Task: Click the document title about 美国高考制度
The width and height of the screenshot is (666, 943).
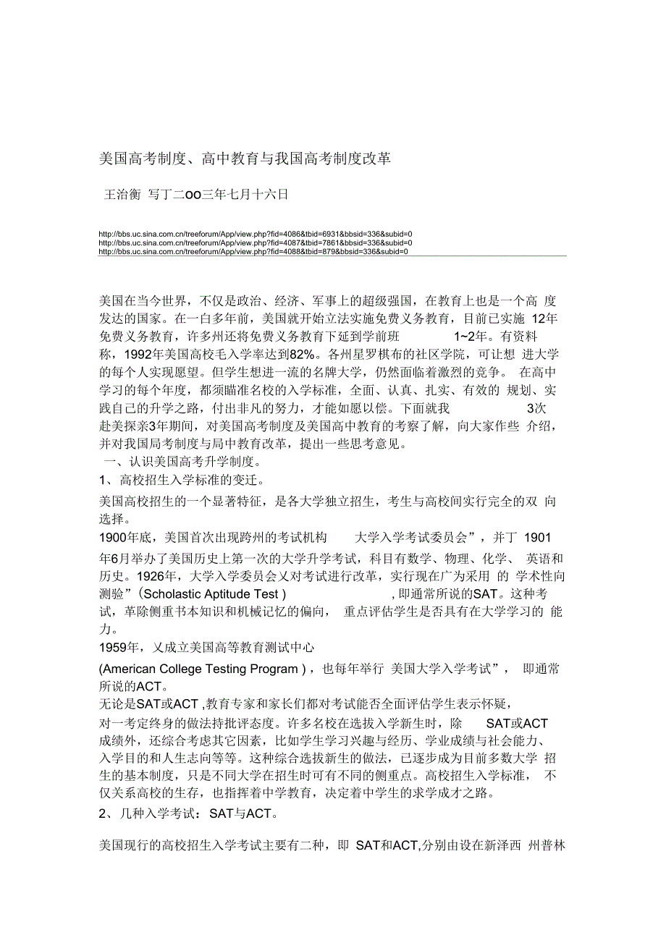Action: [245, 158]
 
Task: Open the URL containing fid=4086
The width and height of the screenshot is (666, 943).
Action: [255, 234]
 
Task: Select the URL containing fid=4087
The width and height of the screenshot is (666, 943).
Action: [255, 242]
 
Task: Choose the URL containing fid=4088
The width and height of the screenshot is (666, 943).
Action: [253, 252]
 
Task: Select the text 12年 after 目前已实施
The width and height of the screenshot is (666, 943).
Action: [544, 319]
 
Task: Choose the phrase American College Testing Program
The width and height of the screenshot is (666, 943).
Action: [200, 669]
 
